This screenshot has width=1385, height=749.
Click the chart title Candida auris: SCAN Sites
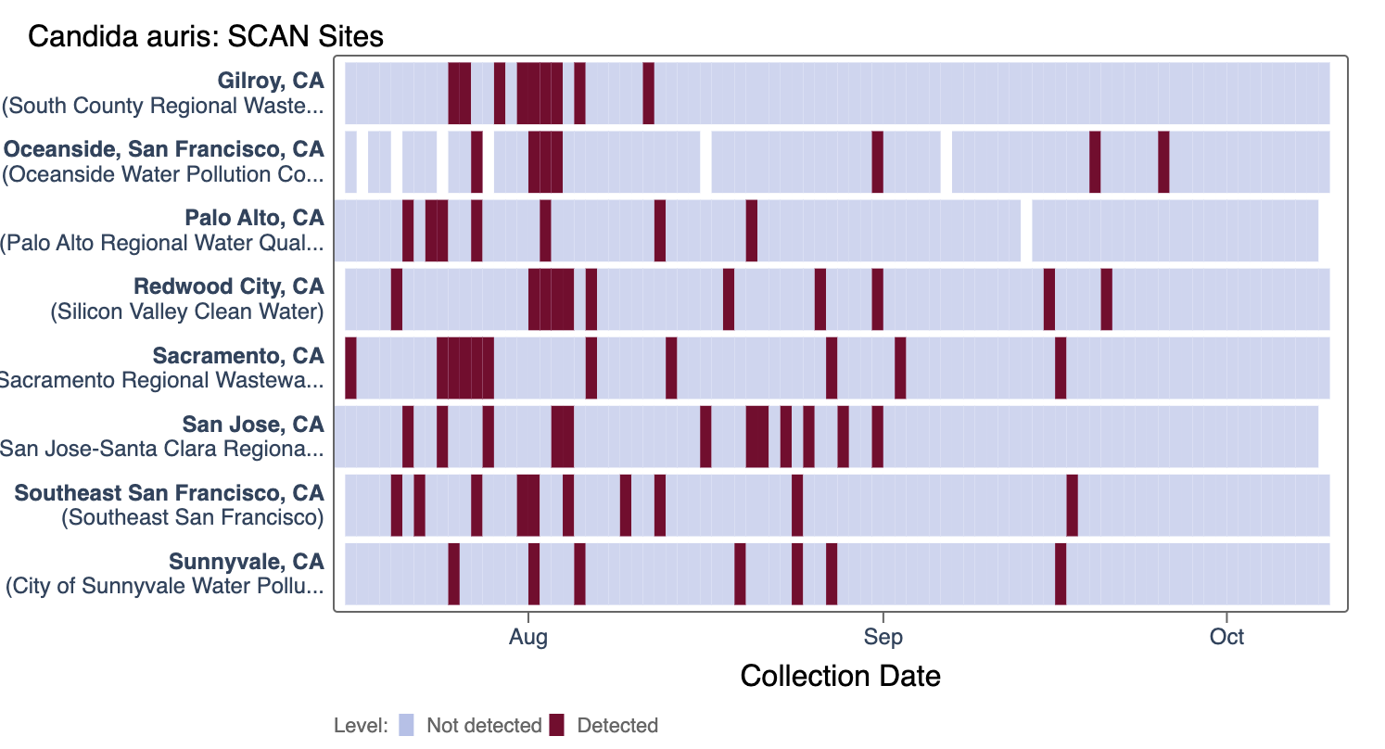[x=205, y=37]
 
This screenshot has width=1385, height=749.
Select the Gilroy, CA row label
[x=271, y=81]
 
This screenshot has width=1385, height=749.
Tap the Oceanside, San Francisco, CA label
[x=165, y=149]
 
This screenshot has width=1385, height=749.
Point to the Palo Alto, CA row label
[x=254, y=218]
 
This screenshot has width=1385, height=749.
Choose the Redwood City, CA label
[x=229, y=286]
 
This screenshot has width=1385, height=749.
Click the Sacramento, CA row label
[x=238, y=356]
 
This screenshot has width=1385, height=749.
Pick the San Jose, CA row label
[x=253, y=425]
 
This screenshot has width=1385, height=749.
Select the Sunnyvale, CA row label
[x=247, y=562]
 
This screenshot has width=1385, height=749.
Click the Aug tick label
[x=528, y=638]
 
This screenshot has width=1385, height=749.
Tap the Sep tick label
[x=883, y=638]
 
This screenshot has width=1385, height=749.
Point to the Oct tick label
[x=1226, y=638]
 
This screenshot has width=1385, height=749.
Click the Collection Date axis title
[x=840, y=676]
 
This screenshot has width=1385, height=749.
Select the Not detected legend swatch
[x=407, y=725]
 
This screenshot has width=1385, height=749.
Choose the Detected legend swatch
[x=556, y=725]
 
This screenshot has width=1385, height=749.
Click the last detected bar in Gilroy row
[x=648, y=93]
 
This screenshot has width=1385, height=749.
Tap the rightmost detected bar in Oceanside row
[x=1163, y=162]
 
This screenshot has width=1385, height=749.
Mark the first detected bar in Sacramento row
[x=350, y=368]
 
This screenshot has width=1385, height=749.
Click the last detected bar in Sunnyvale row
[x=1061, y=574]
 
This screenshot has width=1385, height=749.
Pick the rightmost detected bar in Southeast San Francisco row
[x=1072, y=505]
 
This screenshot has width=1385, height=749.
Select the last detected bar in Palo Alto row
[x=751, y=231]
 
